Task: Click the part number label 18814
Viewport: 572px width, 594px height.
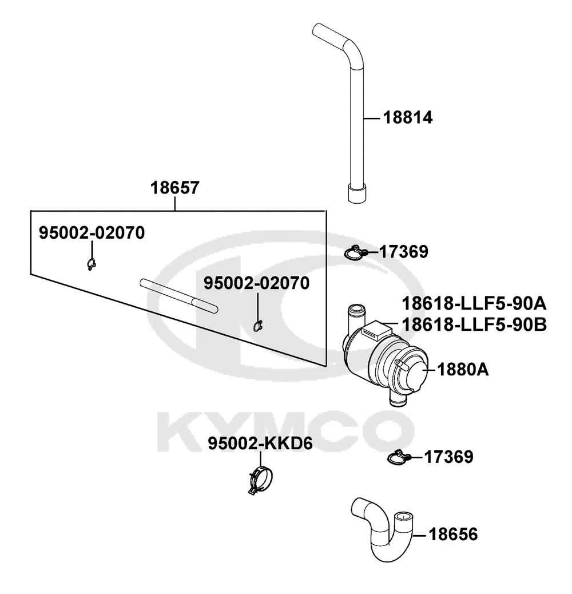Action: click(x=408, y=118)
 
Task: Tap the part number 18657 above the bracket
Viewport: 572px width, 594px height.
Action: click(x=175, y=188)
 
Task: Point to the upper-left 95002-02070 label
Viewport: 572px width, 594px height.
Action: click(x=92, y=233)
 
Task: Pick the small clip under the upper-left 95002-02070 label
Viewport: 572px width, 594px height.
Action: click(x=90, y=264)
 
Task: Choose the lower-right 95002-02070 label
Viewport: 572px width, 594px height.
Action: click(x=257, y=283)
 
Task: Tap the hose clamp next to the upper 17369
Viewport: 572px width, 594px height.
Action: click(x=357, y=252)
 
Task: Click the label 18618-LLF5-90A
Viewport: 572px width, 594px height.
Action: click(x=474, y=302)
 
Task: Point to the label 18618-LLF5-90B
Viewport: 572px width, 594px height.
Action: click(x=474, y=324)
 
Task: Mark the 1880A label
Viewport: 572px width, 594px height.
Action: click(x=463, y=370)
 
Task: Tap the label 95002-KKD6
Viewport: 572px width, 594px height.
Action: click(x=260, y=443)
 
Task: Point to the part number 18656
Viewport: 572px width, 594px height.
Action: click(x=453, y=535)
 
